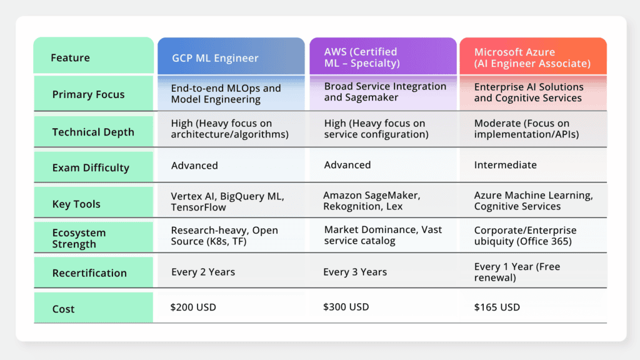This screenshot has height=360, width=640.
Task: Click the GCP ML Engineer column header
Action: (216, 58)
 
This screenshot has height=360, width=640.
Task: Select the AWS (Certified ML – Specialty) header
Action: (362, 57)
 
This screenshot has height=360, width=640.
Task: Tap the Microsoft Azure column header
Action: (532, 57)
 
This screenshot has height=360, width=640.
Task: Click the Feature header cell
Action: (70, 58)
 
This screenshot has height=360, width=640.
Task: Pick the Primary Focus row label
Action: (88, 94)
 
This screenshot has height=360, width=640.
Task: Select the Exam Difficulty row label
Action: (91, 167)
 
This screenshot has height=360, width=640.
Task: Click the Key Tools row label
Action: (76, 204)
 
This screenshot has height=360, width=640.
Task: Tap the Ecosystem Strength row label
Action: (79, 237)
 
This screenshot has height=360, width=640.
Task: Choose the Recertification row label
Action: (89, 273)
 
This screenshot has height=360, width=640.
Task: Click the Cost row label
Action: (63, 309)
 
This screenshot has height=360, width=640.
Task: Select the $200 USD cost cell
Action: (194, 307)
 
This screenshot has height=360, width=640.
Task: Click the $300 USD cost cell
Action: (346, 307)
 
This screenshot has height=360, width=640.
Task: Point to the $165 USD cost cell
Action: (497, 307)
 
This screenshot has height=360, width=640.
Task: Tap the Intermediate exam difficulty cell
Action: (505, 165)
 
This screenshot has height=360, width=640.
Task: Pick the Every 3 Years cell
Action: (355, 272)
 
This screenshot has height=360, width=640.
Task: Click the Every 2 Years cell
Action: (203, 272)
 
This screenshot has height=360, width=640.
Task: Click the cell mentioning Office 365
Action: (525, 236)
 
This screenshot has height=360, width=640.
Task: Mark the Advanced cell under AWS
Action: (347, 165)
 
